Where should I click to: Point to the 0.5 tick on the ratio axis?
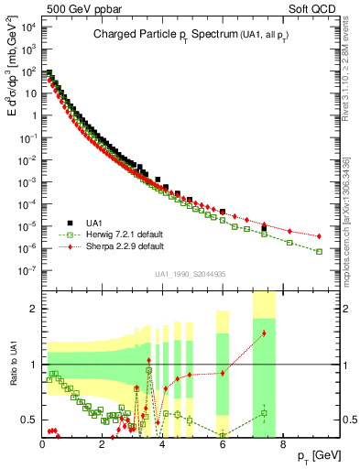coord(29,420)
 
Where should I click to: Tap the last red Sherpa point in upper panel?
coord(319,236)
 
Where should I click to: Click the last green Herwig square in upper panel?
coord(319,251)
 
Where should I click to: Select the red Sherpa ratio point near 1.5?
coord(264,333)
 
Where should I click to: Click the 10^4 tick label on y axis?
coord(27,27)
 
